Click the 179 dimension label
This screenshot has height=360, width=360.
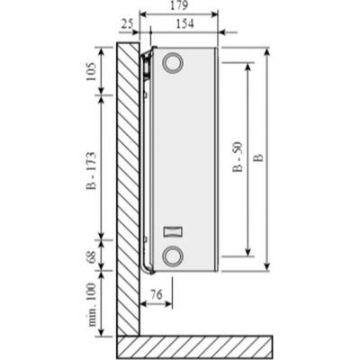click(x=179, y=5)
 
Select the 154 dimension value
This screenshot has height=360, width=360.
click(x=184, y=23)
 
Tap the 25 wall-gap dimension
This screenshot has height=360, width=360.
click(x=127, y=23)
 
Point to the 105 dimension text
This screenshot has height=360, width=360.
click(x=92, y=71)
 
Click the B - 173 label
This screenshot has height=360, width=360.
click(x=92, y=171)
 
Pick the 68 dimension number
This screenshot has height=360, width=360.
click(x=92, y=255)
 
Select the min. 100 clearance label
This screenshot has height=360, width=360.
click(x=93, y=304)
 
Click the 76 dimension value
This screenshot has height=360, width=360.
click(x=156, y=294)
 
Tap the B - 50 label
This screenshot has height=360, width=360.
click(x=238, y=157)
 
